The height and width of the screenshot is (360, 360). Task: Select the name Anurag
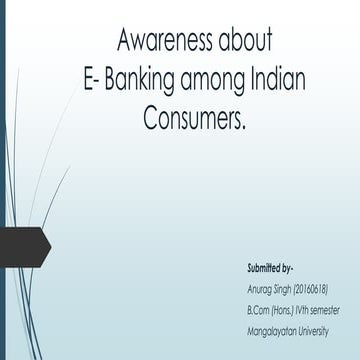coord(260,289)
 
